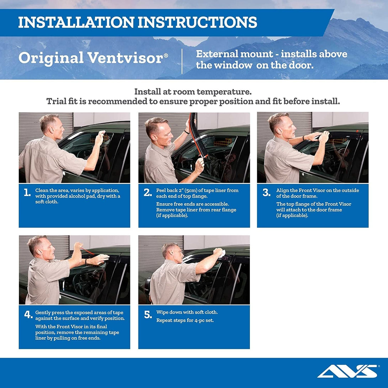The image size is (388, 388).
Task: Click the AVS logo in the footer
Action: click(x=347, y=371)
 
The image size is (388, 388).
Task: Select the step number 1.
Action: click(x=27, y=193)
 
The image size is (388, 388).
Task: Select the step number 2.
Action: click(x=148, y=193)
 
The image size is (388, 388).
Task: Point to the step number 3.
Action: click(x=266, y=193)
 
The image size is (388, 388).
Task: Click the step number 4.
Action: click(x=28, y=315)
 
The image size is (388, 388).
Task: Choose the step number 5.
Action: click(x=148, y=315)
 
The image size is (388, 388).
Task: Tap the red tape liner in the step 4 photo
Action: click(x=87, y=251)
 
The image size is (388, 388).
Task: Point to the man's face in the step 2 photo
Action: click(x=159, y=131)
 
